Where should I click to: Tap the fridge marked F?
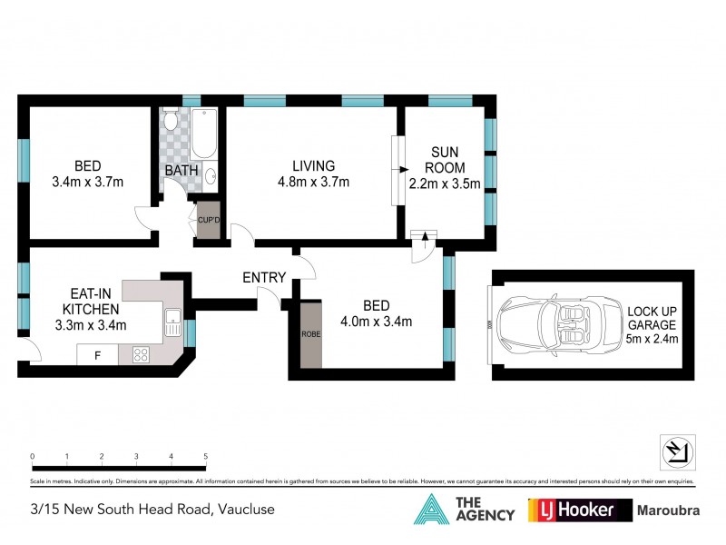(96, 354)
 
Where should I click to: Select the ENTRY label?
(264, 278)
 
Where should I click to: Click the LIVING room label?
(313, 166)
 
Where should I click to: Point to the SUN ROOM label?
(447, 160)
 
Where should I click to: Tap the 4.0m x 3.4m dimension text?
(377, 321)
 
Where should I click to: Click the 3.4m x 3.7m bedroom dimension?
(87, 183)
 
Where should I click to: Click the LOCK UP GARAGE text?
(652, 317)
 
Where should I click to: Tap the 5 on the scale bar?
(206, 456)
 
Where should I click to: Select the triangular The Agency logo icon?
(433, 510)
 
